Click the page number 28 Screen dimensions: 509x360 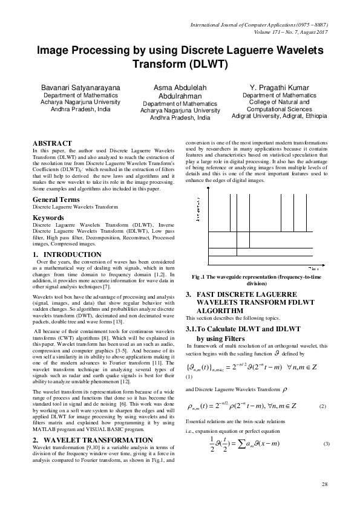coord(324,485)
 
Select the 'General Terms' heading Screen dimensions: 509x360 coord(56,181)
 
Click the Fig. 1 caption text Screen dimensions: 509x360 coord(257,279)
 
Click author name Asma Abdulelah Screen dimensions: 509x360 coord(180,88)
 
